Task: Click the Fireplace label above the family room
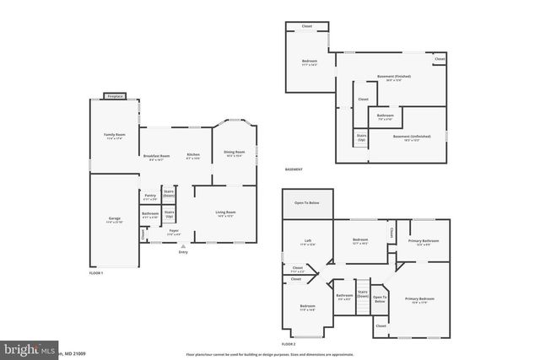115,95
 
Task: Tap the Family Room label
115,136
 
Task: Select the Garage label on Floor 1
115,219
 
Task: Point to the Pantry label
150,196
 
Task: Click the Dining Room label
233,152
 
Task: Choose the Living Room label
225,212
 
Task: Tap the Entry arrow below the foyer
183,246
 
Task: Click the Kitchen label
193,155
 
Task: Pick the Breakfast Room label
157,155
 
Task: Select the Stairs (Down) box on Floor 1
169,193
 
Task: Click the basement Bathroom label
386,116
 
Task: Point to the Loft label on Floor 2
308,242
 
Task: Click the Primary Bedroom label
420,299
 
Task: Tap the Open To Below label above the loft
306,203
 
